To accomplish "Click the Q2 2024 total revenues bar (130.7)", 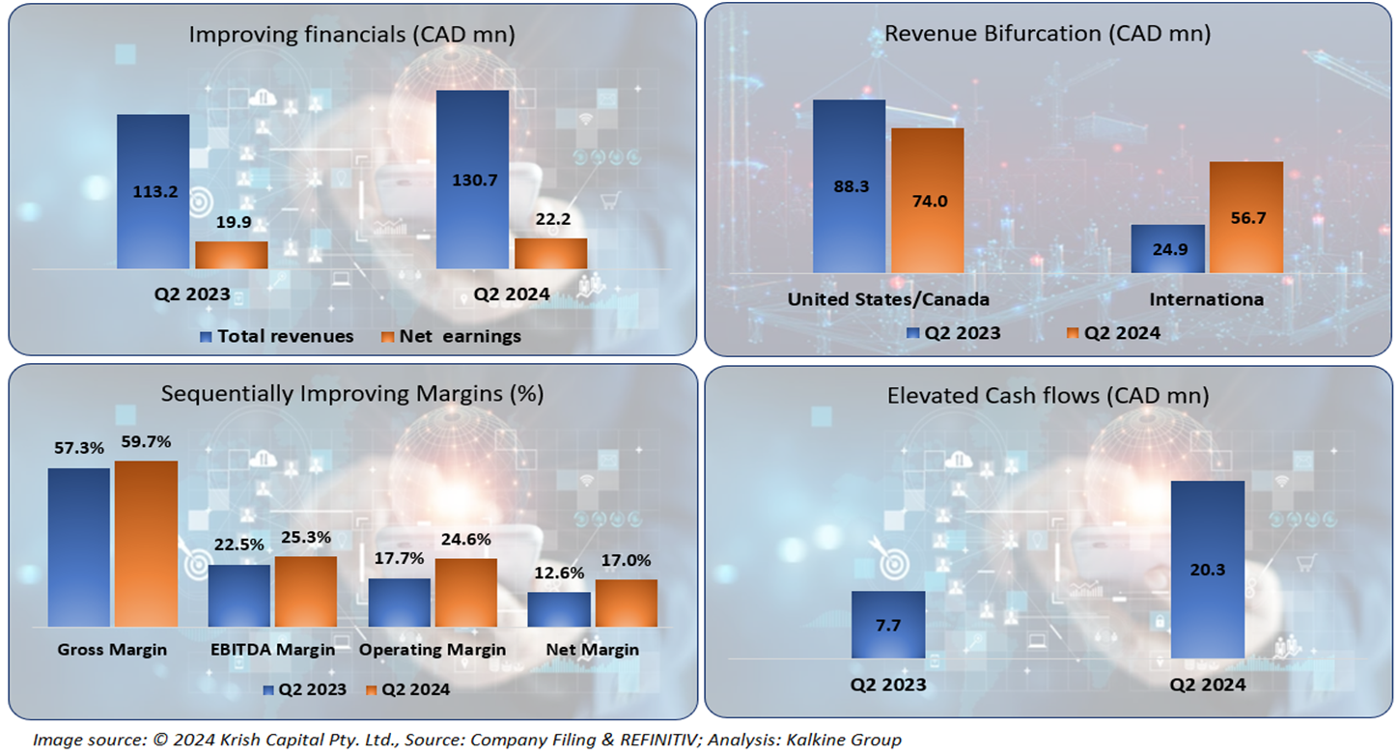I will (472, 179).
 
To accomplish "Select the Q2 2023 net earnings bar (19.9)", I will (231, 255).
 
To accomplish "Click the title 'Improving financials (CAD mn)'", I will (351, 35).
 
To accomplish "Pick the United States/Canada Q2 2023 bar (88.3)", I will (849, 185).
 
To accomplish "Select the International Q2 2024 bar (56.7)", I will (1245, 217).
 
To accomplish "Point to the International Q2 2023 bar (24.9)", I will (1166, 249).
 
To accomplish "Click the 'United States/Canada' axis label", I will (888, 299).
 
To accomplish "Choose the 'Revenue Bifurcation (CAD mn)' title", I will (1048, 34).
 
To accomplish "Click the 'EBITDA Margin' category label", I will (272, 650).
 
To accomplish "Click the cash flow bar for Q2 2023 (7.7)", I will (887, 625).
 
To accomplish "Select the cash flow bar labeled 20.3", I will (1207, 570).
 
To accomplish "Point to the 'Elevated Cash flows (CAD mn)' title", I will (1048, 396).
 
